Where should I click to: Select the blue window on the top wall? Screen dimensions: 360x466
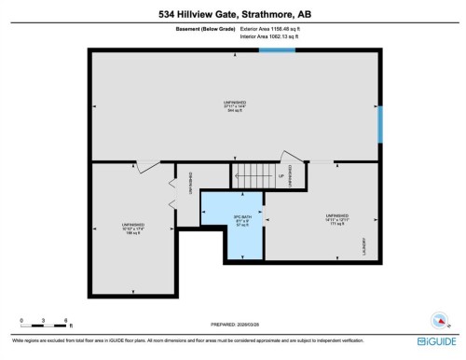click(271, 49)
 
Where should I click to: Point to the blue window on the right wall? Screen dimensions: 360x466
click(379, 124)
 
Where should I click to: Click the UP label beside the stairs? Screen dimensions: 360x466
click(281, 175)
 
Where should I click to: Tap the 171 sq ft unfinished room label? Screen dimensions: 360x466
click(336, 220)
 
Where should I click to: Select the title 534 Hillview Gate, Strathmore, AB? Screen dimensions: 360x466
click(232, 13)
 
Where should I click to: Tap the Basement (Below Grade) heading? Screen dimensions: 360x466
click(206, 30)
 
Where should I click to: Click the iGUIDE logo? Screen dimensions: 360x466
click(436, 341)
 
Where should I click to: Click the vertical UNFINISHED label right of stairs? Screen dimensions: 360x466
click(290, 177)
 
